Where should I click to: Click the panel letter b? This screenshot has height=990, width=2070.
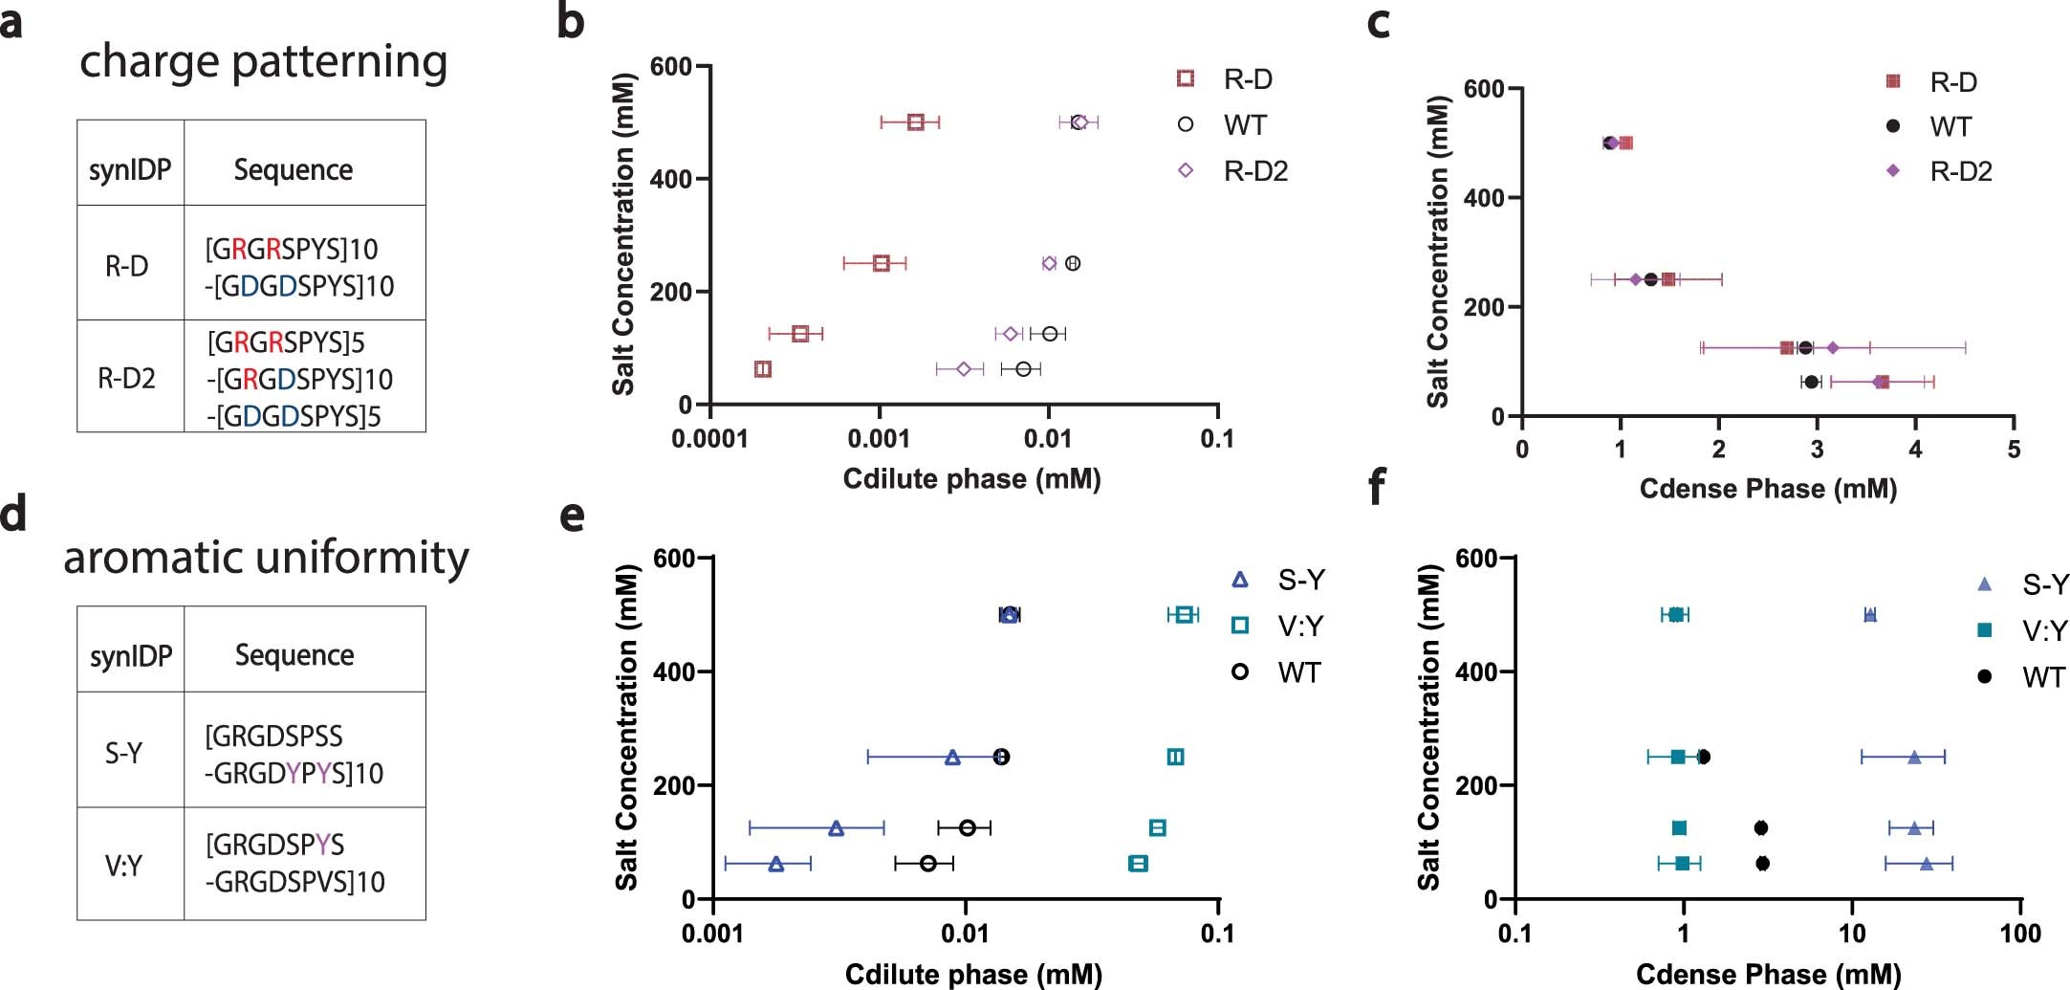tap(570, 22)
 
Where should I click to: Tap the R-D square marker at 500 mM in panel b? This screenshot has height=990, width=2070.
tap(915, 122)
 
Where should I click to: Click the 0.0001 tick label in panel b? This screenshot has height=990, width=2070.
tap(710, 439)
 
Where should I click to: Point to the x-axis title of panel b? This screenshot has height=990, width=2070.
tap(971, 478)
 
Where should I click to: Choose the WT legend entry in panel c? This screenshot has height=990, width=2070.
tap(1950, 126)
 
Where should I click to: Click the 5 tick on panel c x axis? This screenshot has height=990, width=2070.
tap(2014, 449)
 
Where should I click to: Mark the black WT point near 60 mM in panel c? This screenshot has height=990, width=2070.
tap(1811, 382)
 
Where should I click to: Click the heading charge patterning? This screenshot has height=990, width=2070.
tap(263, 61)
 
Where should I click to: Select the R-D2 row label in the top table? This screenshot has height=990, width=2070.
tap(126, 379)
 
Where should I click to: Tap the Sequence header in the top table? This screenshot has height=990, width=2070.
tap(294, 170)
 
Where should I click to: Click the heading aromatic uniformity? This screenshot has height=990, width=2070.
tap(266, 557)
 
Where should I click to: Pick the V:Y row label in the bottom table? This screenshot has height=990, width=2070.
tap(123, 866)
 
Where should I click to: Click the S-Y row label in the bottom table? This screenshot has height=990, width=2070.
tap(123, 753)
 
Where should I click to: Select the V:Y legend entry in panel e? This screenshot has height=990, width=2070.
tap(1299, 627)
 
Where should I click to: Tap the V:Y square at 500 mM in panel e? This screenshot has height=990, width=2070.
tap(1184, 615)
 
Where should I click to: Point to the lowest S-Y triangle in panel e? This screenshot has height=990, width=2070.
tap(776, 864)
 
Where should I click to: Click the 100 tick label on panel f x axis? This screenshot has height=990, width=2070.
tap(2020, 934)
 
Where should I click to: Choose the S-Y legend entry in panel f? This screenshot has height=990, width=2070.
tap(2044, 584)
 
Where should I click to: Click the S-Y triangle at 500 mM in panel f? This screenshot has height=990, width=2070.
tap(1870, 615)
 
